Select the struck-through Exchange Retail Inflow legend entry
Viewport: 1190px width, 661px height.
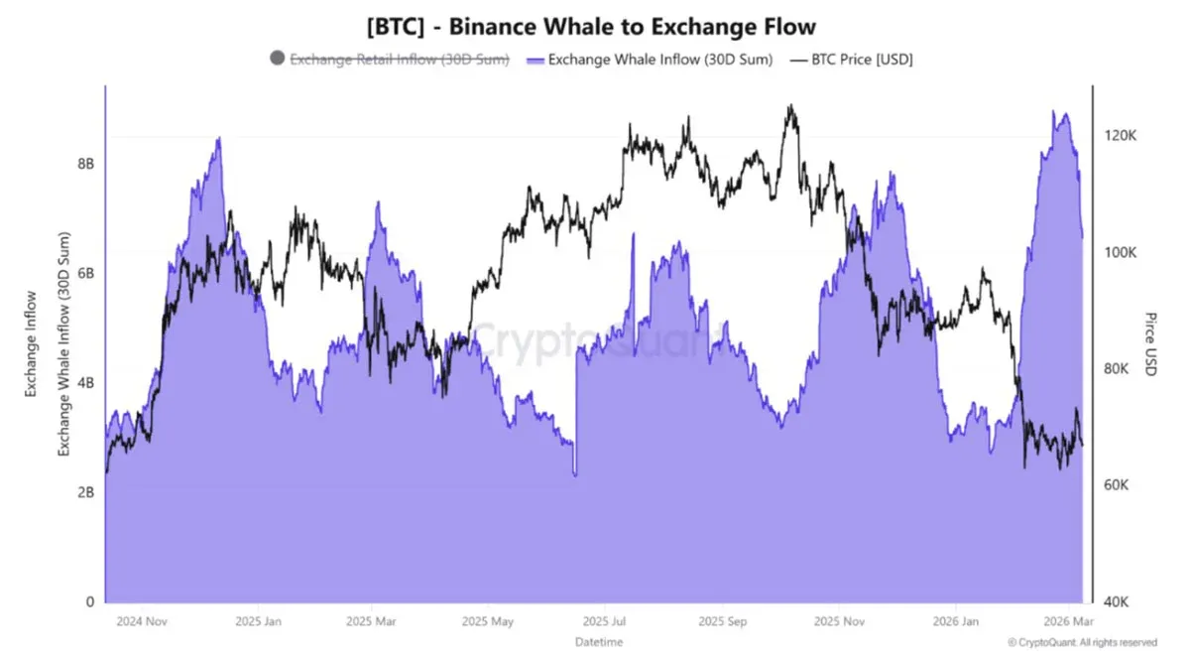point(400,60)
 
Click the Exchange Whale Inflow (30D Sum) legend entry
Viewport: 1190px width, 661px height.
point(659,60)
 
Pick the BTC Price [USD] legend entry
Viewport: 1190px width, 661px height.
point(861,60)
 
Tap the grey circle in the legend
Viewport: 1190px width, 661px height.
point(277,60)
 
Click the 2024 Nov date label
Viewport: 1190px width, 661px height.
point(141,622)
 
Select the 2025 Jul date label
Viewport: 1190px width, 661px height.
point(604,622)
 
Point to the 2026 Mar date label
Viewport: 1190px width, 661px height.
point(1069,622)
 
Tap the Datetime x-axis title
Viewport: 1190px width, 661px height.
point(599,642)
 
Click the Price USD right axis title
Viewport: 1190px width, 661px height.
point(1150,344)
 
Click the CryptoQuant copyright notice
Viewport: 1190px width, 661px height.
point(1082,642)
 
